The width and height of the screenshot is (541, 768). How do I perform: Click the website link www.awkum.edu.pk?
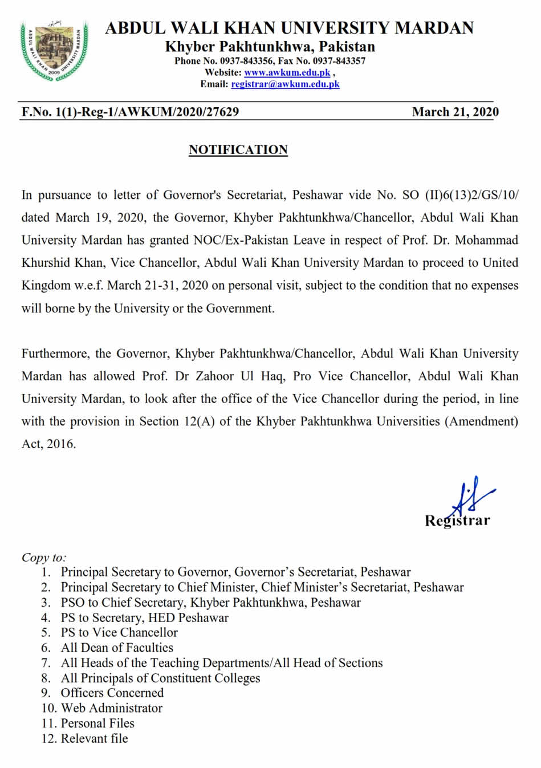point(287,72)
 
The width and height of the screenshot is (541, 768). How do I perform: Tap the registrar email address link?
point(285,84)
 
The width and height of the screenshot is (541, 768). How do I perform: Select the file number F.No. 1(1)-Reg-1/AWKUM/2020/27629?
point(130,112)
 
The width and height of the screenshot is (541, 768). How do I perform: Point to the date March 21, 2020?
point(455,112)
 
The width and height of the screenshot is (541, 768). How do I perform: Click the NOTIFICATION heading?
point(238,150)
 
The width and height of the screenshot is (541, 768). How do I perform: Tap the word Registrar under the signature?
point(457,521)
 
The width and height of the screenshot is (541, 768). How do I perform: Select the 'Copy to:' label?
point(44,557)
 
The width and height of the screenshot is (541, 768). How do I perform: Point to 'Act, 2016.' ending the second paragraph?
point(48,444)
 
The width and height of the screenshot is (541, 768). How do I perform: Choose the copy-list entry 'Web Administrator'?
point(112,708)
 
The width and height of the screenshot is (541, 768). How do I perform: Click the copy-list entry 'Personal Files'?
point(97,724)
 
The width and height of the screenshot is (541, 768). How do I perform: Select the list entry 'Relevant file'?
point(94,738)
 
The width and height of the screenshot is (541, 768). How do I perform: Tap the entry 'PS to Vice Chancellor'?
point(119,632)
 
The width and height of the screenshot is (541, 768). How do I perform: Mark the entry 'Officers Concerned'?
point(112,693)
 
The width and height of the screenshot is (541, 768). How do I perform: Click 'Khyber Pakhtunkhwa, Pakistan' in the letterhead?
point(270,47)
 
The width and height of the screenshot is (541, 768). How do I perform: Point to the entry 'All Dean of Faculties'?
point(117,648)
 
